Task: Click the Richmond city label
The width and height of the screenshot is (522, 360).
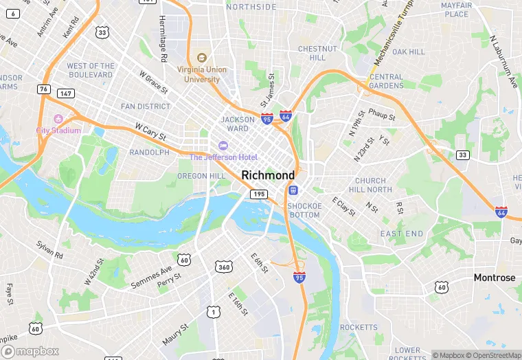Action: click(x=268, y=175)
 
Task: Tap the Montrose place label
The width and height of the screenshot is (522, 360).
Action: click(x=494, y=278)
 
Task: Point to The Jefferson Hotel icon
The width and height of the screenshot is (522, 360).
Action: click(x=223, y=146)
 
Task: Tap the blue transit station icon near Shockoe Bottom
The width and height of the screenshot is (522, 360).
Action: click(x=293, y=190)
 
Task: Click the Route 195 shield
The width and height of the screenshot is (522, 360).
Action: click(x=258, y=195)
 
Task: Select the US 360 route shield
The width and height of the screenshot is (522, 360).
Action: click(x=223, y=267)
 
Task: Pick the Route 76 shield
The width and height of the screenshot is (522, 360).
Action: click(x=44, y=89)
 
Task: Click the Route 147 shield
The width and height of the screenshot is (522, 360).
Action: click(x=65, y=93)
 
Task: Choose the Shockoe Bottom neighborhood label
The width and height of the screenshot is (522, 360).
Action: click(x=304, y=210)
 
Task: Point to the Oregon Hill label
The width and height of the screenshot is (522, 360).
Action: click(x=201, y=176)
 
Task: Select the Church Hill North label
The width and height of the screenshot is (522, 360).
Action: click(x=370, y=185)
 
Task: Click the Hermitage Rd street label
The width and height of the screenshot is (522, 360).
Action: click(x=163, y=39)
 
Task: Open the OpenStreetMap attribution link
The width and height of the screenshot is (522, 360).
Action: click(x=491, y=355)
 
